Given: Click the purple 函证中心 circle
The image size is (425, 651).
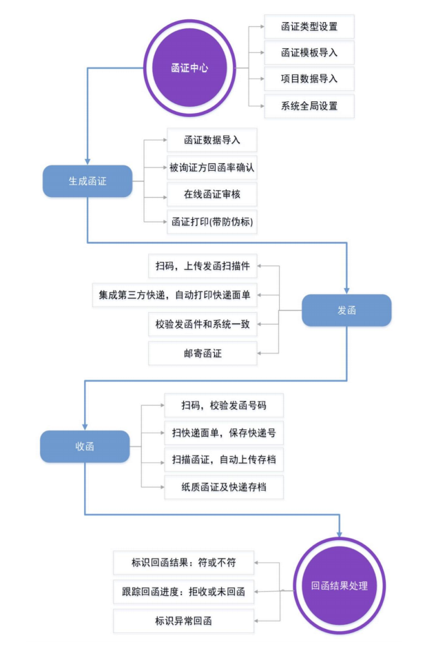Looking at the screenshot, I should [x=189, y=68].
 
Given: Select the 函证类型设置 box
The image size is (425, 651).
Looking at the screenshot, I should [x=309, y=28].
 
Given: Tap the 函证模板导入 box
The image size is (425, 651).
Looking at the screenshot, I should [x=309, y=52].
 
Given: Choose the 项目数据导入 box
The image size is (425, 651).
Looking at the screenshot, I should [x=309, y=79].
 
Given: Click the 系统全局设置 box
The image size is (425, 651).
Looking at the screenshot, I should [x=309, y=106].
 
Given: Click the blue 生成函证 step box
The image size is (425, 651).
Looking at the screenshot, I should [x=87, y=181].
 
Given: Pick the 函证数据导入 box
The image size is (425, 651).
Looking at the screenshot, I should [x=211, y=141].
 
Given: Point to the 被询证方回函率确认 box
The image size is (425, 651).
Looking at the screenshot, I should [x=211, y=167].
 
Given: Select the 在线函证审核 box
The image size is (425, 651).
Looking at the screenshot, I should [x=211, y=194].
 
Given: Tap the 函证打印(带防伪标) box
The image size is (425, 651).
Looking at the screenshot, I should [x=211, y=222].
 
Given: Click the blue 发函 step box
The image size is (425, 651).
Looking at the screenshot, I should [x=346, y=310].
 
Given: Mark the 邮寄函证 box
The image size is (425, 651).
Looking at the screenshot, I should [x=203, y=353].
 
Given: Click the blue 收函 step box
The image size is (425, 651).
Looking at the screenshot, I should [x=85, y=446].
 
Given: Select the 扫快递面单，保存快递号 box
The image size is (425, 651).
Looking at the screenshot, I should [x=223, y=433].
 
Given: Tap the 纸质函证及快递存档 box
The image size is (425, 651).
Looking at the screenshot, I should [x=223, y=487].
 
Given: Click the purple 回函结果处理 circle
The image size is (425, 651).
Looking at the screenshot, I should [x=339, y=586].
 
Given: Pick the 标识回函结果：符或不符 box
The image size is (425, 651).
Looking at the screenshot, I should [x=183, y=562].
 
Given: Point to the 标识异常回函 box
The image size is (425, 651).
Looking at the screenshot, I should [x=183, y=621].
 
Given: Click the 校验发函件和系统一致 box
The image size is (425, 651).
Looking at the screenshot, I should [x=203, y=324].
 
